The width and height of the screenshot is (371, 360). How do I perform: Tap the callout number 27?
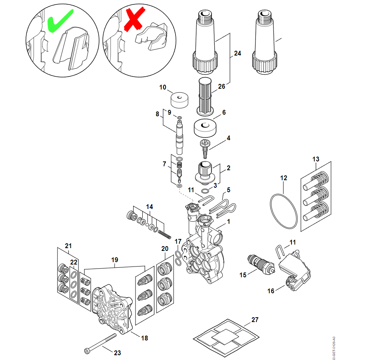coord(255,320)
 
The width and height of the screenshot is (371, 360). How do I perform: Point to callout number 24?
coord(237,53)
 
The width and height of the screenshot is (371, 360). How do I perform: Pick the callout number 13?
coord(316,159)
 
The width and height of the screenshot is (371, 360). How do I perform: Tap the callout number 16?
coord(271,291)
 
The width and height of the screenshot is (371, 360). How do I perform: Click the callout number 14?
coord(149,207)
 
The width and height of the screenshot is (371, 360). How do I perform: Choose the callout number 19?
coord(115,259)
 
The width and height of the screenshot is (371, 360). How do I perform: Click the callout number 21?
coord(68,246)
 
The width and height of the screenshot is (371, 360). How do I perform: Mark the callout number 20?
coord(165,248)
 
